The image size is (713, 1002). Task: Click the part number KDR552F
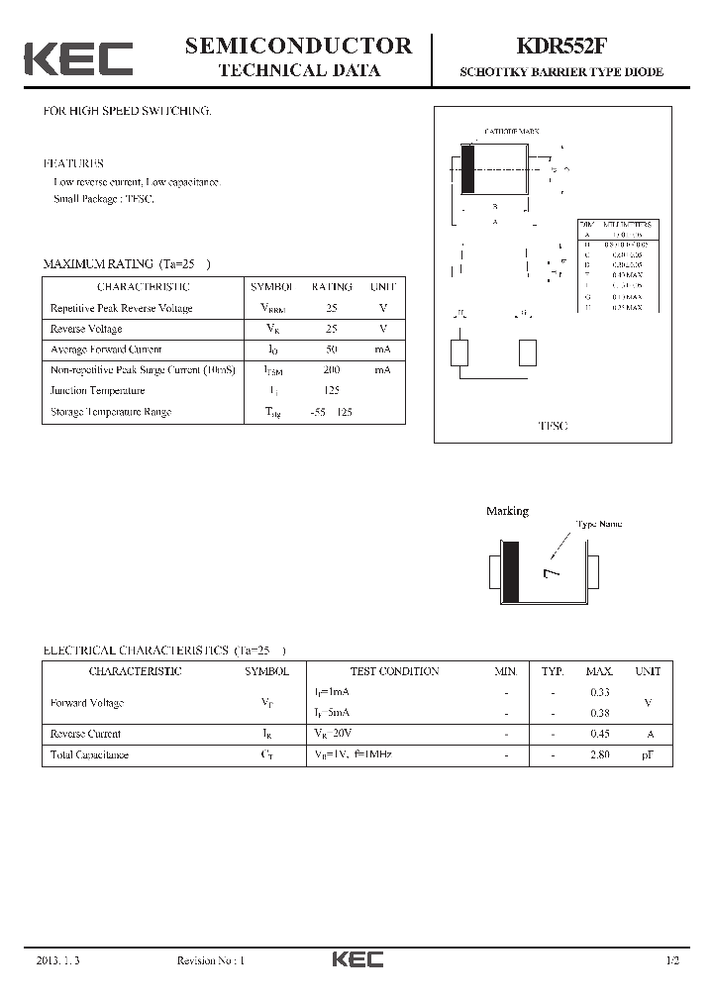pyautogui.click(x=560, y=47)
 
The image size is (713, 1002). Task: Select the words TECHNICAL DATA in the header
pyautogui.click(x=298, y=70)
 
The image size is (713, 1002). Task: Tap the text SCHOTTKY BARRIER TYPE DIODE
pyautogui.click(x=560, y=72)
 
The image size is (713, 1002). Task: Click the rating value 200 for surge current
pyautogui.click(x=331, y=369)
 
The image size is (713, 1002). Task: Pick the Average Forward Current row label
pyautogui.click(x=106, y=349)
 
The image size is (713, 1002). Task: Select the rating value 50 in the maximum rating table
pyautogui.click(x=331, y=349)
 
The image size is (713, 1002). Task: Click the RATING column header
pyautogui.click(x=331, y=286)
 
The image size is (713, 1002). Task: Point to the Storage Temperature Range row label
pyautogui.click(x=110, y=411)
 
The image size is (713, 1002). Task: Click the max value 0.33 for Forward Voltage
pyautogui.click(x=599, y=692)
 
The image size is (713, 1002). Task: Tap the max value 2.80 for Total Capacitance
pyautogui.click(x=599, y=754)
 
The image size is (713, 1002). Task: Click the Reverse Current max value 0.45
pyautogui.click(x=599, y=734)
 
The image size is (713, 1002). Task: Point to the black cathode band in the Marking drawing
pyautogui.click(x=512, y=571)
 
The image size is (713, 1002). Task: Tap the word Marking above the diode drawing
pyautogui.click(x=507, y=511)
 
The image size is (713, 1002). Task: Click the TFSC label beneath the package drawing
pyautogui.click(x=553, y=425)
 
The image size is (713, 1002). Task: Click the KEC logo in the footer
pyautogui.click(x=356, y=959)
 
